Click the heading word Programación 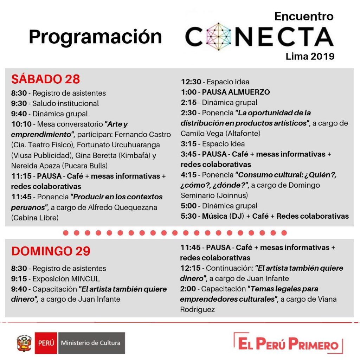pos(95,37)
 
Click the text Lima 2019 pos(310,56)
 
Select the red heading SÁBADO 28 pos(46,79)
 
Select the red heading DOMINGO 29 pos(51,251)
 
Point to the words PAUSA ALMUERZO pos(236,92)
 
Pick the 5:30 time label pos(189,216)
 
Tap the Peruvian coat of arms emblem pos(24,343)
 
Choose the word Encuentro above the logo pos(304,16)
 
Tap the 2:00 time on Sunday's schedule pos(189,289)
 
